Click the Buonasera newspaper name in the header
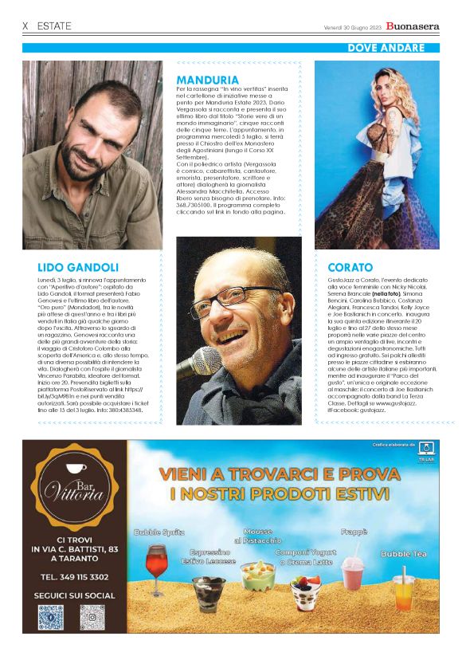412,26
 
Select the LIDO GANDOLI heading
78,267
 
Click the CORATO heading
350,268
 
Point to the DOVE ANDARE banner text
386,49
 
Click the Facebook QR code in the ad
50,617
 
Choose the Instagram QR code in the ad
92,617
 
